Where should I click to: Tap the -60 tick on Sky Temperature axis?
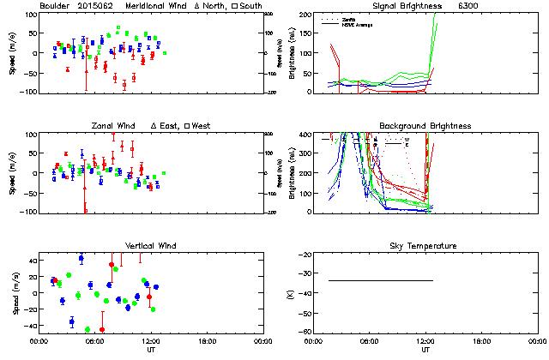click(304, 334)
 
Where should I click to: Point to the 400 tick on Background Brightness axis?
click(304, 135)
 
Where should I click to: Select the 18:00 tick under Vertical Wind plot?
click(203, 341)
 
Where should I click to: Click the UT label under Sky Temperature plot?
click(425, 350)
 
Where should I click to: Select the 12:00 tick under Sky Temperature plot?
click(426, 341)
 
